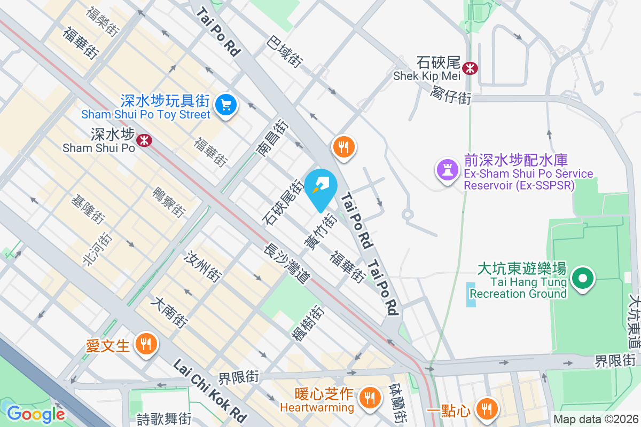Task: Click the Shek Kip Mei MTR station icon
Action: click(471, 68)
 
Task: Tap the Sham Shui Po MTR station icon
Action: click(143, 140)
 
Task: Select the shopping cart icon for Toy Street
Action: click(226, 104)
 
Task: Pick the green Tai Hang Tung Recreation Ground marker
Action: click(583, 278)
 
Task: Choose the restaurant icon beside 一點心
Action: click(486, 409)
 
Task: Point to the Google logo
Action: click(35, 414)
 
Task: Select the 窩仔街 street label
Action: click(451, 96)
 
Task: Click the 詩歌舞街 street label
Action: click(164, 419)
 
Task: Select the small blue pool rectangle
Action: click(470, 294)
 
